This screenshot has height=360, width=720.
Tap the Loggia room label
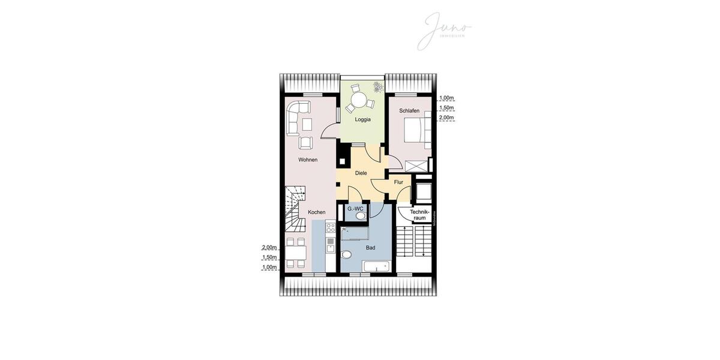[362, 119]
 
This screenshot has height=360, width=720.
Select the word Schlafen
[409, 111]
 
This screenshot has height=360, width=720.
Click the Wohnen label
[308, 160]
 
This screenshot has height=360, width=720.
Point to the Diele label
[361, 173]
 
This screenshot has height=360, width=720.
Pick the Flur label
[398, 182]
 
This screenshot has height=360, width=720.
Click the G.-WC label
[355, 209]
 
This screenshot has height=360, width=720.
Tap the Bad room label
[370, 247]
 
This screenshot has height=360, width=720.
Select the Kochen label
[317, 212]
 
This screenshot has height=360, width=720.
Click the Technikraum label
[419, 215]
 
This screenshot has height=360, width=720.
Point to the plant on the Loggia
[377, 88]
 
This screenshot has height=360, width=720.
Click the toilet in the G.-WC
[359, 217]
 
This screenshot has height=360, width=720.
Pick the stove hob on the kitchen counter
[330, 228]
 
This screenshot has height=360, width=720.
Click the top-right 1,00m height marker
[446, 98]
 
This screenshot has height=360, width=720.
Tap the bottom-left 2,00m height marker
[269, 247]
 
